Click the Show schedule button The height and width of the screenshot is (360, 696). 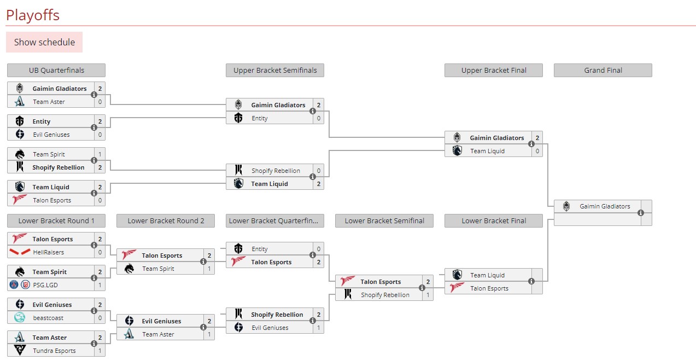44,42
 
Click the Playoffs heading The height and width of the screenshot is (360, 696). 33,15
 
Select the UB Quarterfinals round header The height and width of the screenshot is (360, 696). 56,70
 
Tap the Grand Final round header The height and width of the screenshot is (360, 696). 603,70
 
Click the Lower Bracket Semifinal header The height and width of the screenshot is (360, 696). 384,220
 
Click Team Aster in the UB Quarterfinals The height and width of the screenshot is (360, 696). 49,102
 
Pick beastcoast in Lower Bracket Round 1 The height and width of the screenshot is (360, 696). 48,318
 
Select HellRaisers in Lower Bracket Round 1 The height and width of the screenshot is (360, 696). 48,252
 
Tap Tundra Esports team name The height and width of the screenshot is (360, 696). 54,351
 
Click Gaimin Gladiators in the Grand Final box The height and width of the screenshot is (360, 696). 605,206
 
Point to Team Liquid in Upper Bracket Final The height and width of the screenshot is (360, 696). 487,151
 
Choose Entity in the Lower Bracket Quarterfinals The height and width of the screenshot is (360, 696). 260,249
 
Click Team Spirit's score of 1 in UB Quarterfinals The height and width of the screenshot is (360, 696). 100,154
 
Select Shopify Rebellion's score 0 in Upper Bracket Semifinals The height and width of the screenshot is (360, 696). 318,171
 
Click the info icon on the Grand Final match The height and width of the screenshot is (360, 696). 641,213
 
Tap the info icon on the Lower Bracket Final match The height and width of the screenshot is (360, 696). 531,281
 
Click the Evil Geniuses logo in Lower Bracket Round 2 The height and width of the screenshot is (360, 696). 129,321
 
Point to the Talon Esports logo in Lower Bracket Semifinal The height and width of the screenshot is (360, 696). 348,282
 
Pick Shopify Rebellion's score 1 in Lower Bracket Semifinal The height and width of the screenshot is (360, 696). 428,295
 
